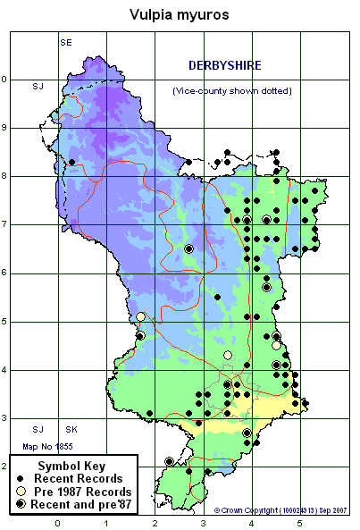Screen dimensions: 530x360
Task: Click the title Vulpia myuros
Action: (x=180, y=14)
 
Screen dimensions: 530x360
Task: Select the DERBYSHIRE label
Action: (x=223, y=65)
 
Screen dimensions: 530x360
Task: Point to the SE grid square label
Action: (x=66, y=43)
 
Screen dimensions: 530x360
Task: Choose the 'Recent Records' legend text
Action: (x=87, y=479)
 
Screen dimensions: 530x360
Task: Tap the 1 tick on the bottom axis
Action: (x=106, y=522)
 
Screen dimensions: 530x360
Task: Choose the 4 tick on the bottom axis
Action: (x=252, y=522)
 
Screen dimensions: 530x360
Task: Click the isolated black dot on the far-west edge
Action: (x=71, y=162)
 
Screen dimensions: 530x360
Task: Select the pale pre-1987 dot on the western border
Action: (x=140, y=316)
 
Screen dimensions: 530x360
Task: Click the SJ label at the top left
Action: (x=38, y=86)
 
